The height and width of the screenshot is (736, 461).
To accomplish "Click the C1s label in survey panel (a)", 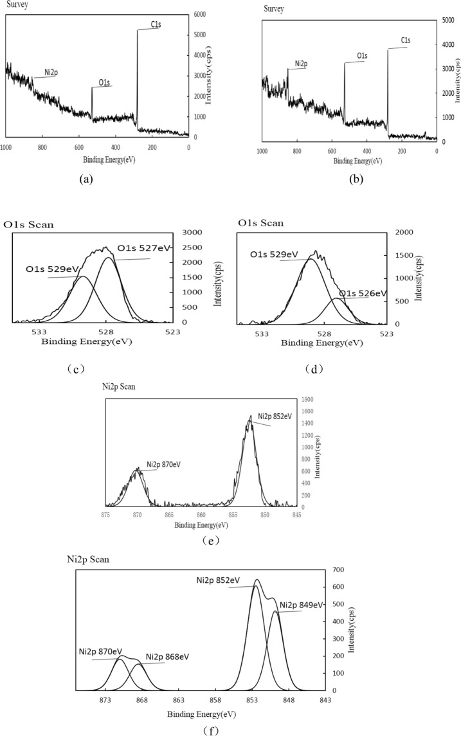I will pyautogui.click(x=155, y=25).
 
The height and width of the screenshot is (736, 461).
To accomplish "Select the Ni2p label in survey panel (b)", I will pyautogui.click(x=301, y=64).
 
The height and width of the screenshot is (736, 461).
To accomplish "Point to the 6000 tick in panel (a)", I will pyautogui.click(x=201, y=14).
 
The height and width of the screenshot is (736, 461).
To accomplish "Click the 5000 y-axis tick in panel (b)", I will pyautogui.click(x=449, y=21).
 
